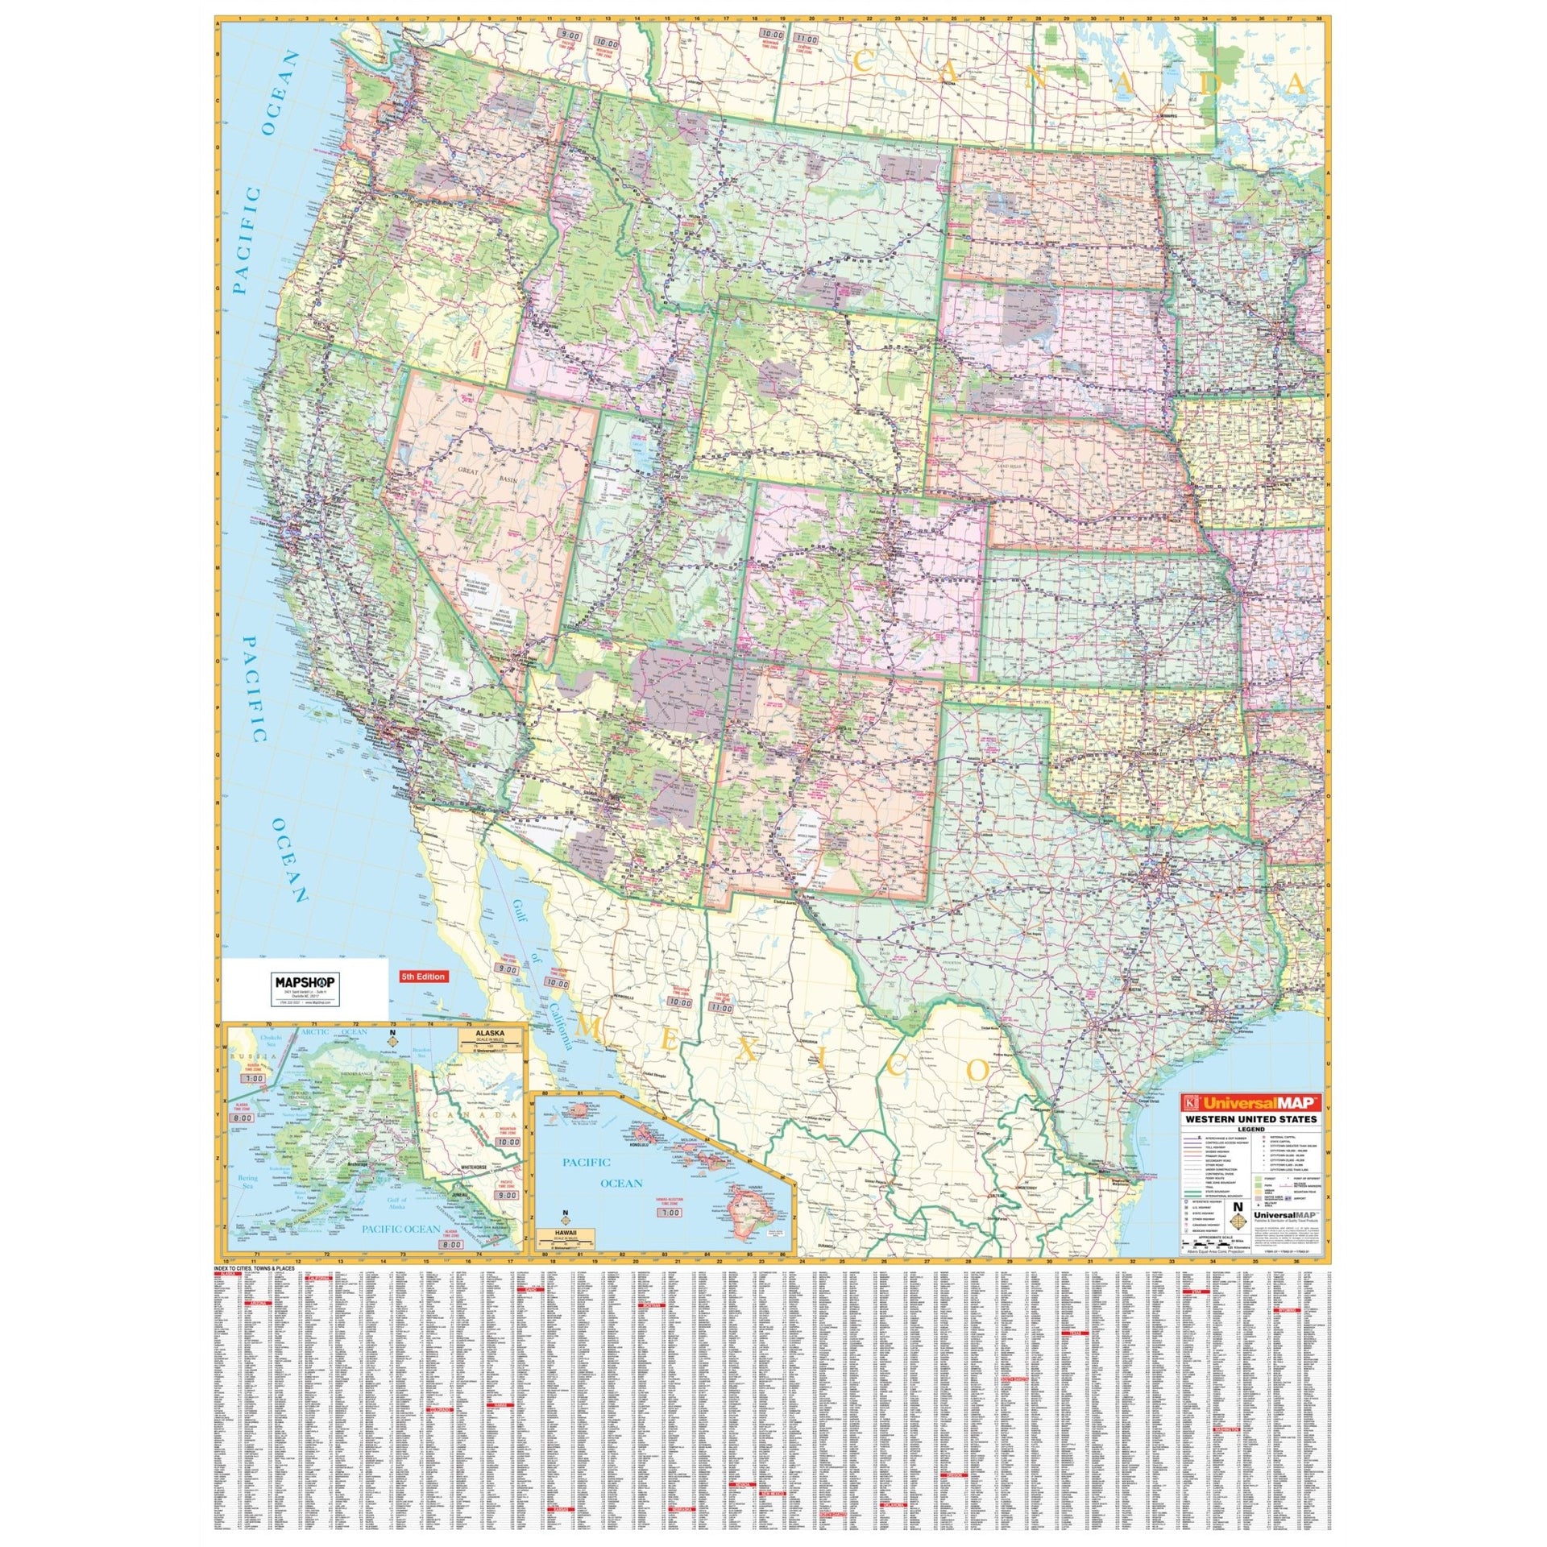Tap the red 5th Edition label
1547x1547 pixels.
[x=424, y=977]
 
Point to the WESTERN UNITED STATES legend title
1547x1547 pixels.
[x=1250, y=1119]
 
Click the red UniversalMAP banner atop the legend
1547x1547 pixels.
[x=1250, y=1101]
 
